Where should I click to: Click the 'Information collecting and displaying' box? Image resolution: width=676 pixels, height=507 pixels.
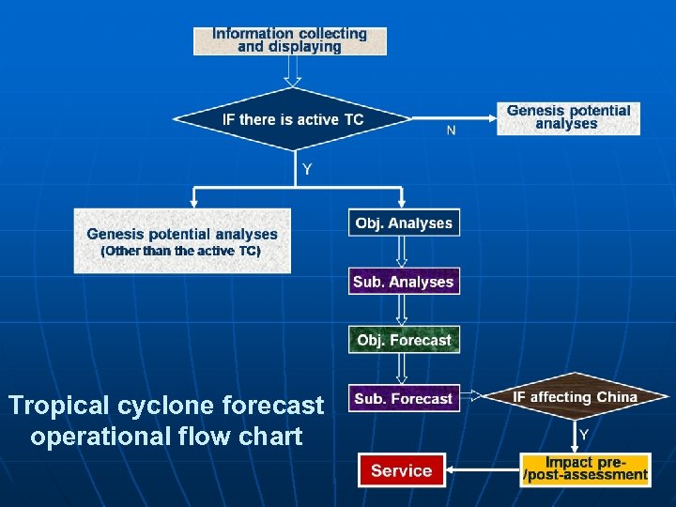(x=289, y=40)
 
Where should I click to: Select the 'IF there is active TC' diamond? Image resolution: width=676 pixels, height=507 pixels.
(x=293, y=119)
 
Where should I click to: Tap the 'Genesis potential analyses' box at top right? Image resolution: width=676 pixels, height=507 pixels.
(x=568, y=117)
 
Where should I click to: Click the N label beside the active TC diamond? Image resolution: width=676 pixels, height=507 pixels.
(x=452, y=131)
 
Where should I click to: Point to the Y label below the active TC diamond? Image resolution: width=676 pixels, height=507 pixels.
(x=306, y=170)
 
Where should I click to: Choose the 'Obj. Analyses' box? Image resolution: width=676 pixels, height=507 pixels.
(x=404, y=223)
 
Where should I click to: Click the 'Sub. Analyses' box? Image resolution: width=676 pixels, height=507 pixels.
(x=404, y=282)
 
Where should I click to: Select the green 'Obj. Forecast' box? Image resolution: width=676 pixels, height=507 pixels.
(x=404, y=340)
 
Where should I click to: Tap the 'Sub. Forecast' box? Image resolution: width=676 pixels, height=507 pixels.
(x=404, y=398)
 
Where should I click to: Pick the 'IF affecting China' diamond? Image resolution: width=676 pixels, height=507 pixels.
(x=575, y=397)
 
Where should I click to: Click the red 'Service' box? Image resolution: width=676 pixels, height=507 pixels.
(x=401, y=470)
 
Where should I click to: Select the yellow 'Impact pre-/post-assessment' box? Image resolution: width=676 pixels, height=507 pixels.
(x=585, y=469)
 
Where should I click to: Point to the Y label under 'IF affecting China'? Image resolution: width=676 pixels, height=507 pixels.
(x=584, y=434)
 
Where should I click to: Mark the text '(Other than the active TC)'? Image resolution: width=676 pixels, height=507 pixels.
(x=180, y=252)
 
